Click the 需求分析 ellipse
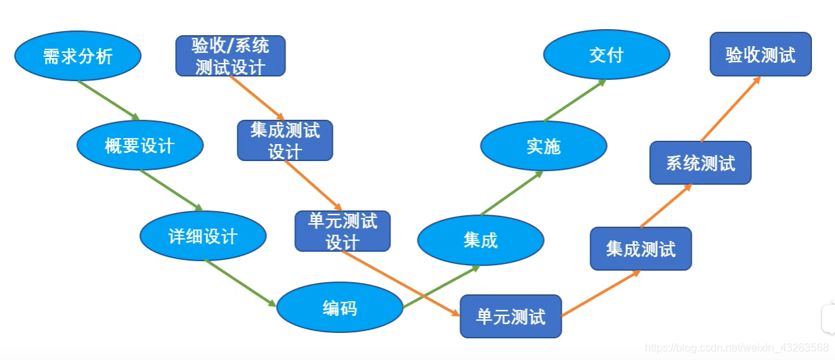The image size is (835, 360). click(77, 56)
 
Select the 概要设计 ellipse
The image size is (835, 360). click(140, 145)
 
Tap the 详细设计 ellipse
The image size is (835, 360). click(203, 235)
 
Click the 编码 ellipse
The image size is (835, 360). click(340, 308)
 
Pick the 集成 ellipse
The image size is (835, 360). click(480, 240)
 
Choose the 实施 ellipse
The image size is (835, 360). click(543, 145)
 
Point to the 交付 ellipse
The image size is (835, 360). click(606, 55)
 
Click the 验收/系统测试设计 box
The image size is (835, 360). click(230, 55)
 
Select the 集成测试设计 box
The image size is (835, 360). click(285, 140)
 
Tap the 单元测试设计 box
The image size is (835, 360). click(342, 231)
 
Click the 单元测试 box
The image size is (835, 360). click(511, 316)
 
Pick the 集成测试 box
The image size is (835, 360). click(641, 248)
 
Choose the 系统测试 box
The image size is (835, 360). click(700, 162)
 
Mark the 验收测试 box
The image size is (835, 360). click(761, 54)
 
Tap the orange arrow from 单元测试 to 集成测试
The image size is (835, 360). click(601, 294)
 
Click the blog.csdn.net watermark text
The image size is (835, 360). click(737, 347)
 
